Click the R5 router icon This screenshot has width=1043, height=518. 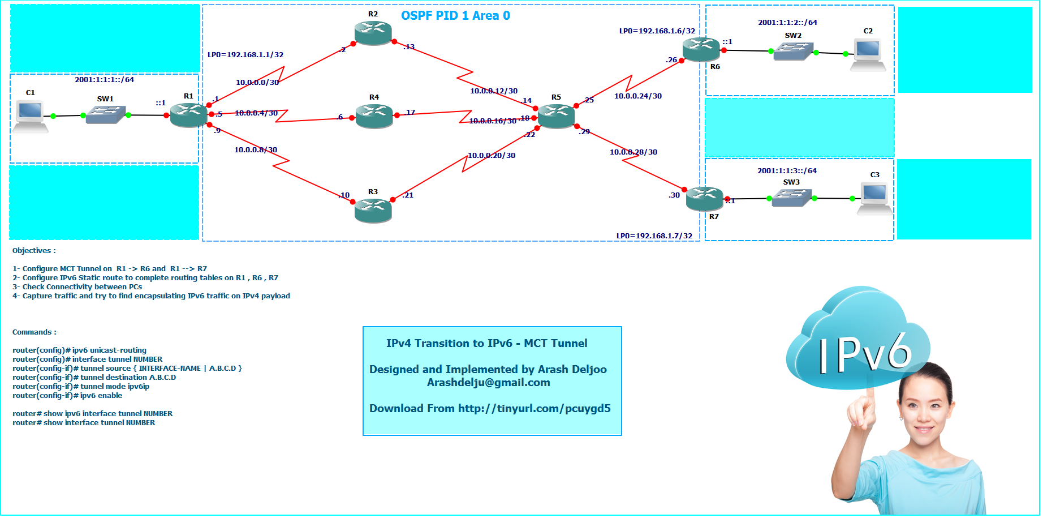[x=557, y=116]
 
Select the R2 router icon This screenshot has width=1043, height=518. [x=373, y=33]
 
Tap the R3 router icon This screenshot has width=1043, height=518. [x=373, y=210]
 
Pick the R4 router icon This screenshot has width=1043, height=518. [x=374, y=115]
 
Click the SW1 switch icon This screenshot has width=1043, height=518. [x=105, y=114]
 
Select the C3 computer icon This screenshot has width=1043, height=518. [x=874, y=198]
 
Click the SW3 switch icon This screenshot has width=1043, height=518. [x=792, y=198]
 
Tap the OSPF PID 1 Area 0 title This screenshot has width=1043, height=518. [x=455, y=16]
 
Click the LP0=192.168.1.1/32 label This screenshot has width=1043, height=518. [x=245, y=55]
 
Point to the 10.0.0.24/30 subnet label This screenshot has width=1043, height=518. [x=638, y=96]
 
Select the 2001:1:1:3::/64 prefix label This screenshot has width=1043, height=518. [x=787, y=171]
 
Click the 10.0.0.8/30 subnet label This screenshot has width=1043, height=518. [x=256, y=150]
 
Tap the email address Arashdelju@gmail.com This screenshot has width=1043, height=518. [x=488, y=383]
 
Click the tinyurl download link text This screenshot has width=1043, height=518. [x=534, y=409]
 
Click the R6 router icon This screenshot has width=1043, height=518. [x=701, y=49]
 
